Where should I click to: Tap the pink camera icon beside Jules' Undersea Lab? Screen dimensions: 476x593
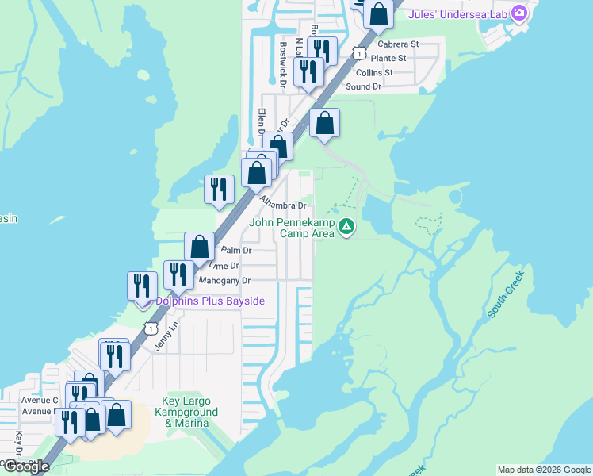519,12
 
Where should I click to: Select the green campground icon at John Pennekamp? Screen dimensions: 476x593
346,228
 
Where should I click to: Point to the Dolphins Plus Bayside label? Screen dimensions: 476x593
209,301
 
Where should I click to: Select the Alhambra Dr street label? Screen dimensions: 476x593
283,205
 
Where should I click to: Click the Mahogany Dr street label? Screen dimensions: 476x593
224,281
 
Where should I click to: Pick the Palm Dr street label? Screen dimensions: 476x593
236,250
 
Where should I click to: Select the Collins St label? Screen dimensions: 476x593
374,72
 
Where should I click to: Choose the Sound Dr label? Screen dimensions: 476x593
364,86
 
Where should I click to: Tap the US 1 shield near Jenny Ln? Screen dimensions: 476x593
150,328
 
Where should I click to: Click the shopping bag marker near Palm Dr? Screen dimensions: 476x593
200,246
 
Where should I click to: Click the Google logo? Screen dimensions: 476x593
26,466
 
